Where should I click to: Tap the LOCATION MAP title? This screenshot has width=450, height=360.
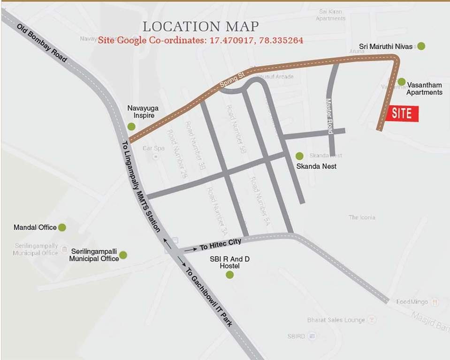click(x=200, y=26)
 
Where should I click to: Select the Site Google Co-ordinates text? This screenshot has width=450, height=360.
click(x=200, y=40)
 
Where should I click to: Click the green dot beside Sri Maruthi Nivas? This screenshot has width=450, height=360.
click(x=421, y=46)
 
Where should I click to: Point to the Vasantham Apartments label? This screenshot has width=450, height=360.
click(x=424, y=89)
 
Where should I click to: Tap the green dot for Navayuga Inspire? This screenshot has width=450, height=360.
click(x=131, y=126)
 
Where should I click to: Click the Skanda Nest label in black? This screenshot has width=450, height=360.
click(x=316, y=166)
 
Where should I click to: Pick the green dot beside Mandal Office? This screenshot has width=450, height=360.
click(x=62, y=227)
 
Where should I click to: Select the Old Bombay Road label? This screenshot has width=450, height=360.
click(x=43, y=46)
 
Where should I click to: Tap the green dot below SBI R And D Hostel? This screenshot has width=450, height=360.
click(x=229, y=275)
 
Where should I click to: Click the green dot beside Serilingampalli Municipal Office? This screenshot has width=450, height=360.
click(x=123, y=255)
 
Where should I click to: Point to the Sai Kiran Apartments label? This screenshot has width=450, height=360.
click(x=330, y=15)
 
